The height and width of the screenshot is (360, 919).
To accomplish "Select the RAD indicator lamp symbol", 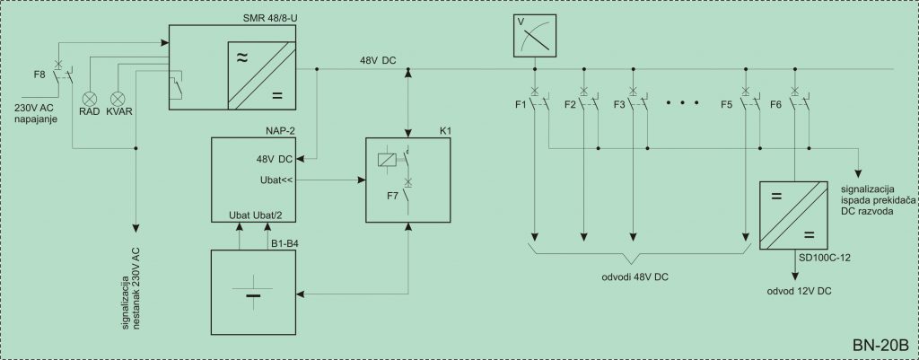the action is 91,98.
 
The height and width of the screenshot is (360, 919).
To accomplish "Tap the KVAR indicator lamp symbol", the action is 118,98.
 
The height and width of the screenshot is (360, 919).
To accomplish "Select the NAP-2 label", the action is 280,132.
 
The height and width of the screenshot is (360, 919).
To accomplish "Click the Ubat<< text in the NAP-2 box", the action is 276,180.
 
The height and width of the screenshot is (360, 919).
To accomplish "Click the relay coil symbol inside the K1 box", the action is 388,158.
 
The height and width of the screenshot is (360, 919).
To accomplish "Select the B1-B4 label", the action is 284,243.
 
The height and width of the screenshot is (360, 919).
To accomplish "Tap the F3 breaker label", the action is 619,105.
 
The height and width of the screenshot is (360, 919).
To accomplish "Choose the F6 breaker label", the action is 775,105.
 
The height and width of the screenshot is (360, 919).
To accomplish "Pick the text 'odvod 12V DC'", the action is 800,291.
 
